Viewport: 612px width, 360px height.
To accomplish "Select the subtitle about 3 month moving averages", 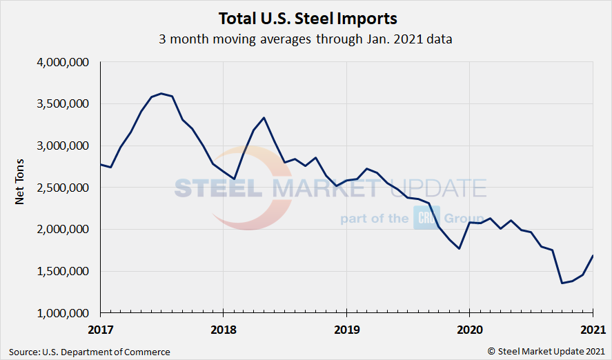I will pos(306,39).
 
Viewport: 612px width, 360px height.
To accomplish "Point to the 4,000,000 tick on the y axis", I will pos(64,63).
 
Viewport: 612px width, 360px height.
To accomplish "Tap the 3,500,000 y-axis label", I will pos(64,104).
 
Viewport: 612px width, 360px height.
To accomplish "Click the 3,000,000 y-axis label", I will pos(64,146).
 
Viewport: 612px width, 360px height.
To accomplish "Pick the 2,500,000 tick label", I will pos(64,188).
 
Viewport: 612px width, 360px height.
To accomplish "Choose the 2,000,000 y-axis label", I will pos(64,230).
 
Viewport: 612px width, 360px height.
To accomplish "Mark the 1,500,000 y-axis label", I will pos(64,271).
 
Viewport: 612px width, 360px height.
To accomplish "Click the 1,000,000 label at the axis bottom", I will pos(64,313).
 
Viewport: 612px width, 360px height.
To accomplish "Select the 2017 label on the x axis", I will pos(101,330).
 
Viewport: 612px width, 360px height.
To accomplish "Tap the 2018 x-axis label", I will pos(224,330).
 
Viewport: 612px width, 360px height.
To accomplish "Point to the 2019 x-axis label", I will pos(346,330).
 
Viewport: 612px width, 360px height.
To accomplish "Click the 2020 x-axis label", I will pos(469,330).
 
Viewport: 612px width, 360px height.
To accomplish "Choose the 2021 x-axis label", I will pos(592,330).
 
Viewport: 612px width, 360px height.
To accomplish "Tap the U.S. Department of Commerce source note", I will pos(90,352).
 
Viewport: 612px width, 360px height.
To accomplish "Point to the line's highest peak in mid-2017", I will pos(161,93).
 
